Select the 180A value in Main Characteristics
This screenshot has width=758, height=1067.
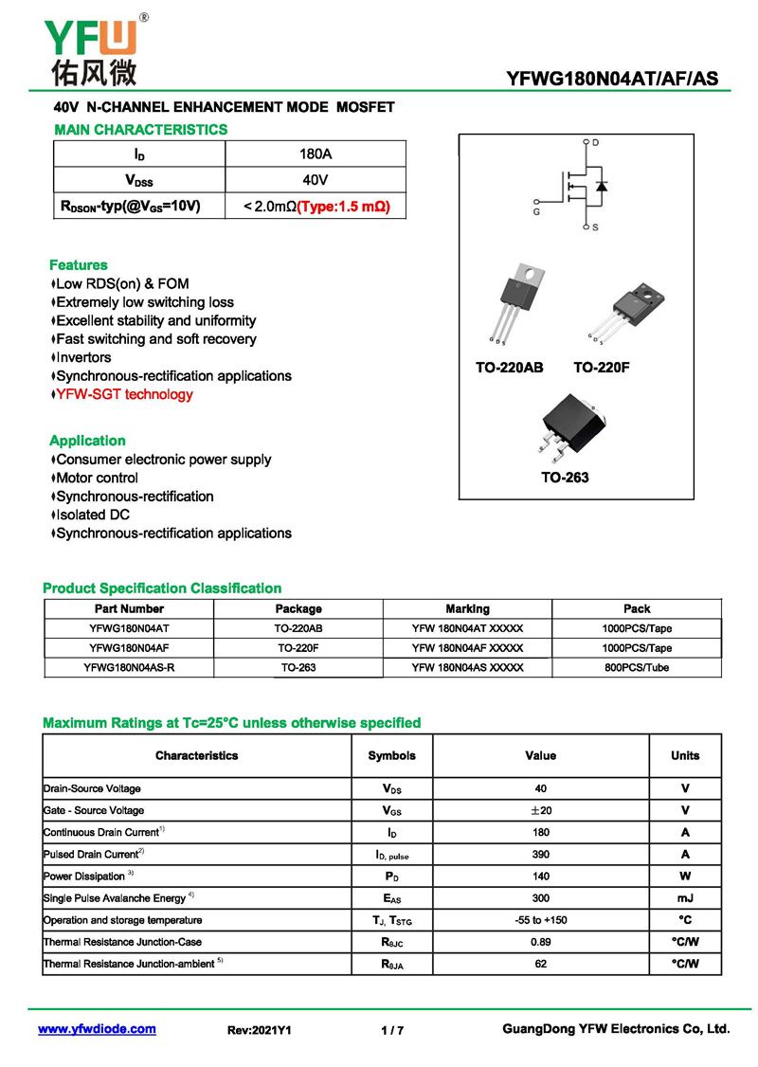pyautogui.click(x=315, y=154)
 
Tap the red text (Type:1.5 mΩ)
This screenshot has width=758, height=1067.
pyautogui.click(x=344, y=206)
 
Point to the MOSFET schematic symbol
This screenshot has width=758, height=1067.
pyautogui.click(x=578, y=186)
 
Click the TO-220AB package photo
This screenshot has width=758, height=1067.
pyautogui.click(x=515, y=302)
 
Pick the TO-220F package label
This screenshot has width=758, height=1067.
pyautogui.click(x=601, y=367)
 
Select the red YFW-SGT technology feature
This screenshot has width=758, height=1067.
pyautogui.click(x=124, y=394)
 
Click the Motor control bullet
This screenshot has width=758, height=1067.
pyautogui.click(x=97, y=478)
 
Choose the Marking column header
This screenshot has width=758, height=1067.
pyautogui.click(x=467, y=608)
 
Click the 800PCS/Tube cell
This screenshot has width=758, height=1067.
pyautogui.click(x=637, y=668)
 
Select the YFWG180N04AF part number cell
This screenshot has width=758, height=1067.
pyautogui.click(x=129, y=648)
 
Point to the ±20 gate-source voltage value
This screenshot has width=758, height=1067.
pyautogui.click(x=540, y=810)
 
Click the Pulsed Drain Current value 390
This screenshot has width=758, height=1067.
pyautogui.click(x=540, y=854)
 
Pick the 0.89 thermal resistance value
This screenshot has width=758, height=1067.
pyautogui.click(x=540, y=942)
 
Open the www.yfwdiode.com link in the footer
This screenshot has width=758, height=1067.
pyautogui.click(x=97, y=1029)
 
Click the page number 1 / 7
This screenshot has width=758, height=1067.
pyautogui.click(x=392, y=1030)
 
